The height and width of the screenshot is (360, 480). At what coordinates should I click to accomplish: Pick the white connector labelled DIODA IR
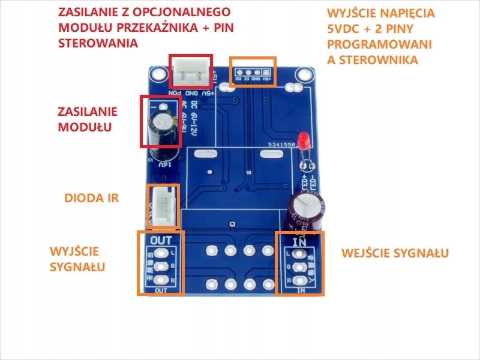(163, 206)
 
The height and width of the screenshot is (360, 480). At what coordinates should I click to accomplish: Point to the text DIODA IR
(91, 198)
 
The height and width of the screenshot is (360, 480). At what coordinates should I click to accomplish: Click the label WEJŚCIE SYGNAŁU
(395, 253)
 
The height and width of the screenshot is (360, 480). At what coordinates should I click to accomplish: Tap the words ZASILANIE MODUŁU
(87, 119)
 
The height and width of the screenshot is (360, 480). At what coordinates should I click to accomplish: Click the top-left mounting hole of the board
(158, 74)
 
